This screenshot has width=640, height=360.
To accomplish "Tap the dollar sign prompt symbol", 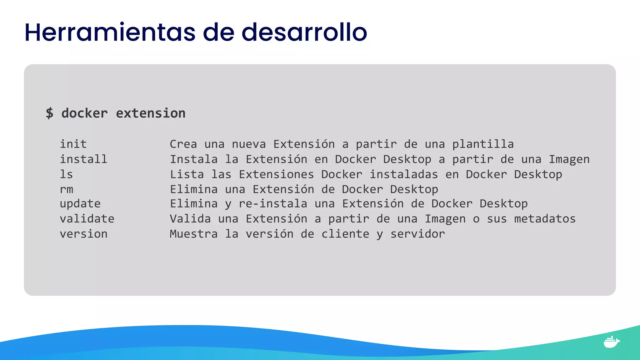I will tap(49, 113).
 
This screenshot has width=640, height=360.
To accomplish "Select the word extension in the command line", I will tap(151, 113).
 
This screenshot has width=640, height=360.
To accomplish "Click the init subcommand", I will tap(73, 144).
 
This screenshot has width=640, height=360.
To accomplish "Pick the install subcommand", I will tap(83, 159).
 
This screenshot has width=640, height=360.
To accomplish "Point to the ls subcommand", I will tap(66, 174).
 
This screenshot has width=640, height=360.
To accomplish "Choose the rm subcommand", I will tap(66, 189).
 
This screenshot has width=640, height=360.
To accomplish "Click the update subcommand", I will tap(80, 204).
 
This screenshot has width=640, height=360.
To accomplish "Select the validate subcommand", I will tap(87, 219).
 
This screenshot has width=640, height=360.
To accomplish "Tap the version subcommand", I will tap(83, 234).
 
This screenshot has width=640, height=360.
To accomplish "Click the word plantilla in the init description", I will tap(483, 144).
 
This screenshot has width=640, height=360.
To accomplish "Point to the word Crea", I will tap(183, 144).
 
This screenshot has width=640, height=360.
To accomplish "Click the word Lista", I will tap(187, 174).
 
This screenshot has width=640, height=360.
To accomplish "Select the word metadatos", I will tap(545, 219).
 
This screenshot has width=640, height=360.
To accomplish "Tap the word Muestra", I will tap(193, 234).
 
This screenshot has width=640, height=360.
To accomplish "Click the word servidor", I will tap(417, 234).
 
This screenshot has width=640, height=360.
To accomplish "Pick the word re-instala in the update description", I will tap(273, 204).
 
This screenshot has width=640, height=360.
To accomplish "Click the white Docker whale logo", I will tap(611, 342).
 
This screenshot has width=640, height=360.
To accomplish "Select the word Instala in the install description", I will tap(193, 159).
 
